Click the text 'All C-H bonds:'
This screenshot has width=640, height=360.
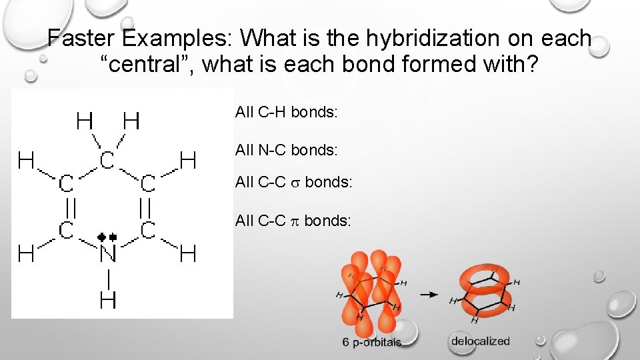tap(287, 112)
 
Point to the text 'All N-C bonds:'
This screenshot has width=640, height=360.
tap(287, 151)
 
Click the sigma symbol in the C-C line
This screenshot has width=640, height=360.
tap(297, 182)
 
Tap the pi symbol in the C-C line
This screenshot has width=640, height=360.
tap(297, 221)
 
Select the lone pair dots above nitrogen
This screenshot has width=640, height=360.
tap(107, 237)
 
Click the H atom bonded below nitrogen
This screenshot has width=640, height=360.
tap(107, 300)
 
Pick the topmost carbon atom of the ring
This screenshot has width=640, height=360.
tap(107, 160)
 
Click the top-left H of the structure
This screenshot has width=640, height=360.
tap(85, 121)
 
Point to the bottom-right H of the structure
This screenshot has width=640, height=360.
tap(189, 253)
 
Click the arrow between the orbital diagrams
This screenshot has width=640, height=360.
tap(433, 293)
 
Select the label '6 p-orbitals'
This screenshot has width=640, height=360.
tap(372, 342)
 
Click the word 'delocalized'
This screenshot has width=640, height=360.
tap(480, 341)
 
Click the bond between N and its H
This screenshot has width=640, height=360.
tap(107, 277)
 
